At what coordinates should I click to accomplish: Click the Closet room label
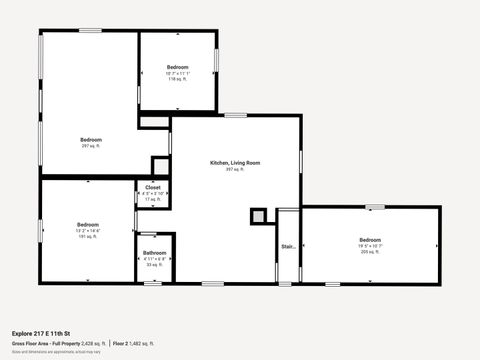pyautogui.click(x=152, y=187)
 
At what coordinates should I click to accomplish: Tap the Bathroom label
pyautogui.click(x=154, y=253)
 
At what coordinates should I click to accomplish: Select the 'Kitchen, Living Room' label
pyautogui.click(x=235, y=162)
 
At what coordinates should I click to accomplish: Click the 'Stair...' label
pyautogui.click(x=288, y=245)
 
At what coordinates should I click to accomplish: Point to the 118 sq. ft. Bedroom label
pyautogui.click(x=177, y=67)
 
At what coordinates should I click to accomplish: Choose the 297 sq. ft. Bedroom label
pyautogui.click(x=90, y=139)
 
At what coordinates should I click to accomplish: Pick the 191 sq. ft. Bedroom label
pyautogui.click(x=88, y=224)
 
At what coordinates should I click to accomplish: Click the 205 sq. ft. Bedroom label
pyautogui.click(x=370, y=240)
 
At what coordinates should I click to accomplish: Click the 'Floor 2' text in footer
pyautogui.click(x=120, y=342)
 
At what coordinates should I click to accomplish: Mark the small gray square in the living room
pyautogui.click(x=258, y=215)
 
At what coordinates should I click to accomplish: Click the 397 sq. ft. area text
pyautogui.click(x=235, y=169)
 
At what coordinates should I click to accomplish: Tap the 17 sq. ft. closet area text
pyautogui.click(x=152, y=199)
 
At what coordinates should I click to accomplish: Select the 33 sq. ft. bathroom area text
pyautogui.click(x=154, y=265)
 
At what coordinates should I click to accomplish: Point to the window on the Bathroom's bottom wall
pyautogui.click(x=152, y=283)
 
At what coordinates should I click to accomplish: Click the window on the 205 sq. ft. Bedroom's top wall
pyautogui.click(x=375, y=207)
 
